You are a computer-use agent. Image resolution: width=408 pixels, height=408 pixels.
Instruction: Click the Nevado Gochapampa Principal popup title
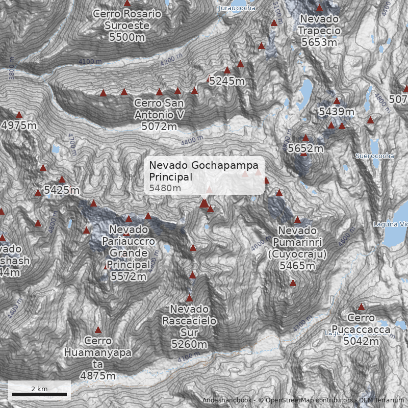click(203, 171)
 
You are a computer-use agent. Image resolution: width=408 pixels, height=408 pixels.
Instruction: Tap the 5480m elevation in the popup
click(165, 188)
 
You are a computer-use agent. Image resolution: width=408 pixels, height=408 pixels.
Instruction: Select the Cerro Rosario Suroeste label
click(127, 25)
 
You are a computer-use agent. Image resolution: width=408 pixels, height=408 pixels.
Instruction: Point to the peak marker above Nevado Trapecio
click(319, 8)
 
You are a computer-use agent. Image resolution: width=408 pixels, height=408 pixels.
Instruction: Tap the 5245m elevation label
click(227, 81)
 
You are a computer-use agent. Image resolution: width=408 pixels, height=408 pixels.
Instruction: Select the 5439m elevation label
click(336, 111)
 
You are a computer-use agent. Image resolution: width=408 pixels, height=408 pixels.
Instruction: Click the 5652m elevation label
click(305, 148)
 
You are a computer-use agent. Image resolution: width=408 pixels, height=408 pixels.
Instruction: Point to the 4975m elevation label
click(19, 125)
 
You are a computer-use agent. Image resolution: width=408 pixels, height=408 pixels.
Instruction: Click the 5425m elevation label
click(62, 190)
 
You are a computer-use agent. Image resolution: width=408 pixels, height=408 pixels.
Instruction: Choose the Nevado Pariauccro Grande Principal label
click(128, 253)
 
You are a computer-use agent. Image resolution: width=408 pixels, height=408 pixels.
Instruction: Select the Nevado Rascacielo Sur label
click(189, 326)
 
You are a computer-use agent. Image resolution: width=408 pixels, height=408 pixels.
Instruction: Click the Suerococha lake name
click(375, 156)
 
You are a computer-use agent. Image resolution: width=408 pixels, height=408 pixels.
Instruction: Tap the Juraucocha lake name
click(237, 8)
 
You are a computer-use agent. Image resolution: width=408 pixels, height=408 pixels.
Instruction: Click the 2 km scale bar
click(39, 394)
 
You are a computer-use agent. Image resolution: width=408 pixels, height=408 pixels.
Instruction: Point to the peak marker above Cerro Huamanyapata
click(98, 330)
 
